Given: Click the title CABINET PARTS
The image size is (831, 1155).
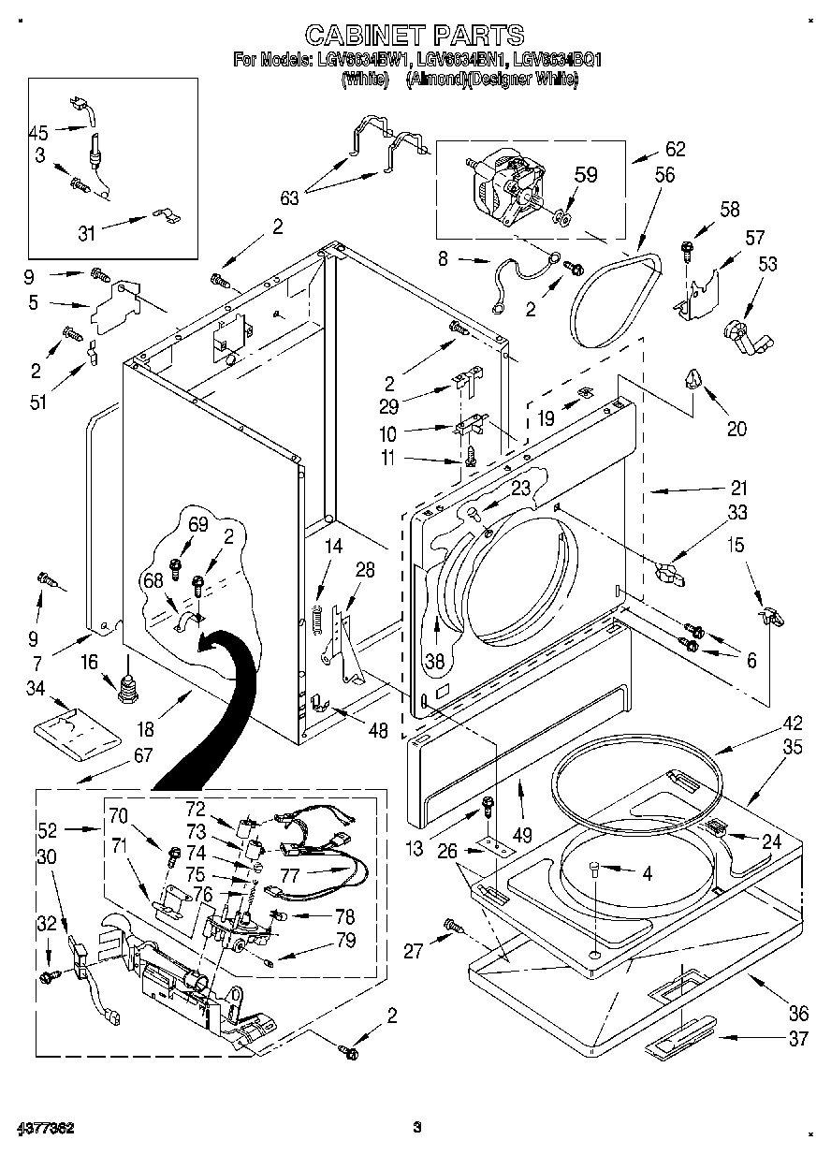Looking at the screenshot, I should click(x=415, y=35).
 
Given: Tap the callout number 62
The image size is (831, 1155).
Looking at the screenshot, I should click(x=675, y=149).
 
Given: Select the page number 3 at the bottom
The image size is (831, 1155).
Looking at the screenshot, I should click(x=417, y=1127).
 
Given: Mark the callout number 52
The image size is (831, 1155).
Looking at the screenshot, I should click(x=48, y=829).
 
